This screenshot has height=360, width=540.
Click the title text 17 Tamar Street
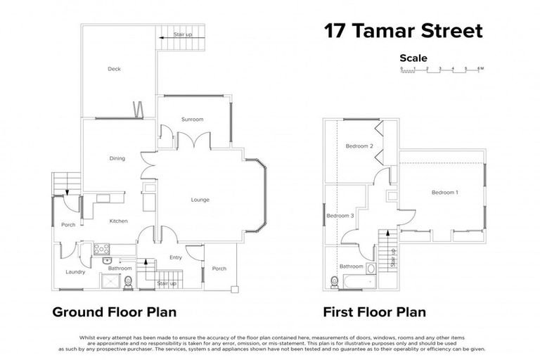coord(403,32)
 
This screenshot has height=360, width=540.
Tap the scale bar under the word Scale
coord(441,70)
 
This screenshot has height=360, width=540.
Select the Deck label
coord(115,69)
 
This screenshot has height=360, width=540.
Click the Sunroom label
coord(192,120)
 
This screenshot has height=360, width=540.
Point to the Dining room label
coord(117,158)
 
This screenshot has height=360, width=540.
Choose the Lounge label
coord(200,200)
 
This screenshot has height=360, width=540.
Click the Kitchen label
coord(118,221)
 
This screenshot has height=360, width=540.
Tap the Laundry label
coord(75,271)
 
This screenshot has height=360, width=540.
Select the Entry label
coord(175,257)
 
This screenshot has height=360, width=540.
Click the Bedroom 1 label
coord(444,192)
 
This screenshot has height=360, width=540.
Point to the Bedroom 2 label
coord(359,146)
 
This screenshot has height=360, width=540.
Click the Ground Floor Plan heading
coord(115,311)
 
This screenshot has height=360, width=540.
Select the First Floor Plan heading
coord(374,311)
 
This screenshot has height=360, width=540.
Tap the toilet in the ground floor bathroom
coord(128,282)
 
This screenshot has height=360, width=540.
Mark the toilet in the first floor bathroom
coord(335,283)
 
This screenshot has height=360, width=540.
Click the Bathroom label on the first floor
coord(351,266)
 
